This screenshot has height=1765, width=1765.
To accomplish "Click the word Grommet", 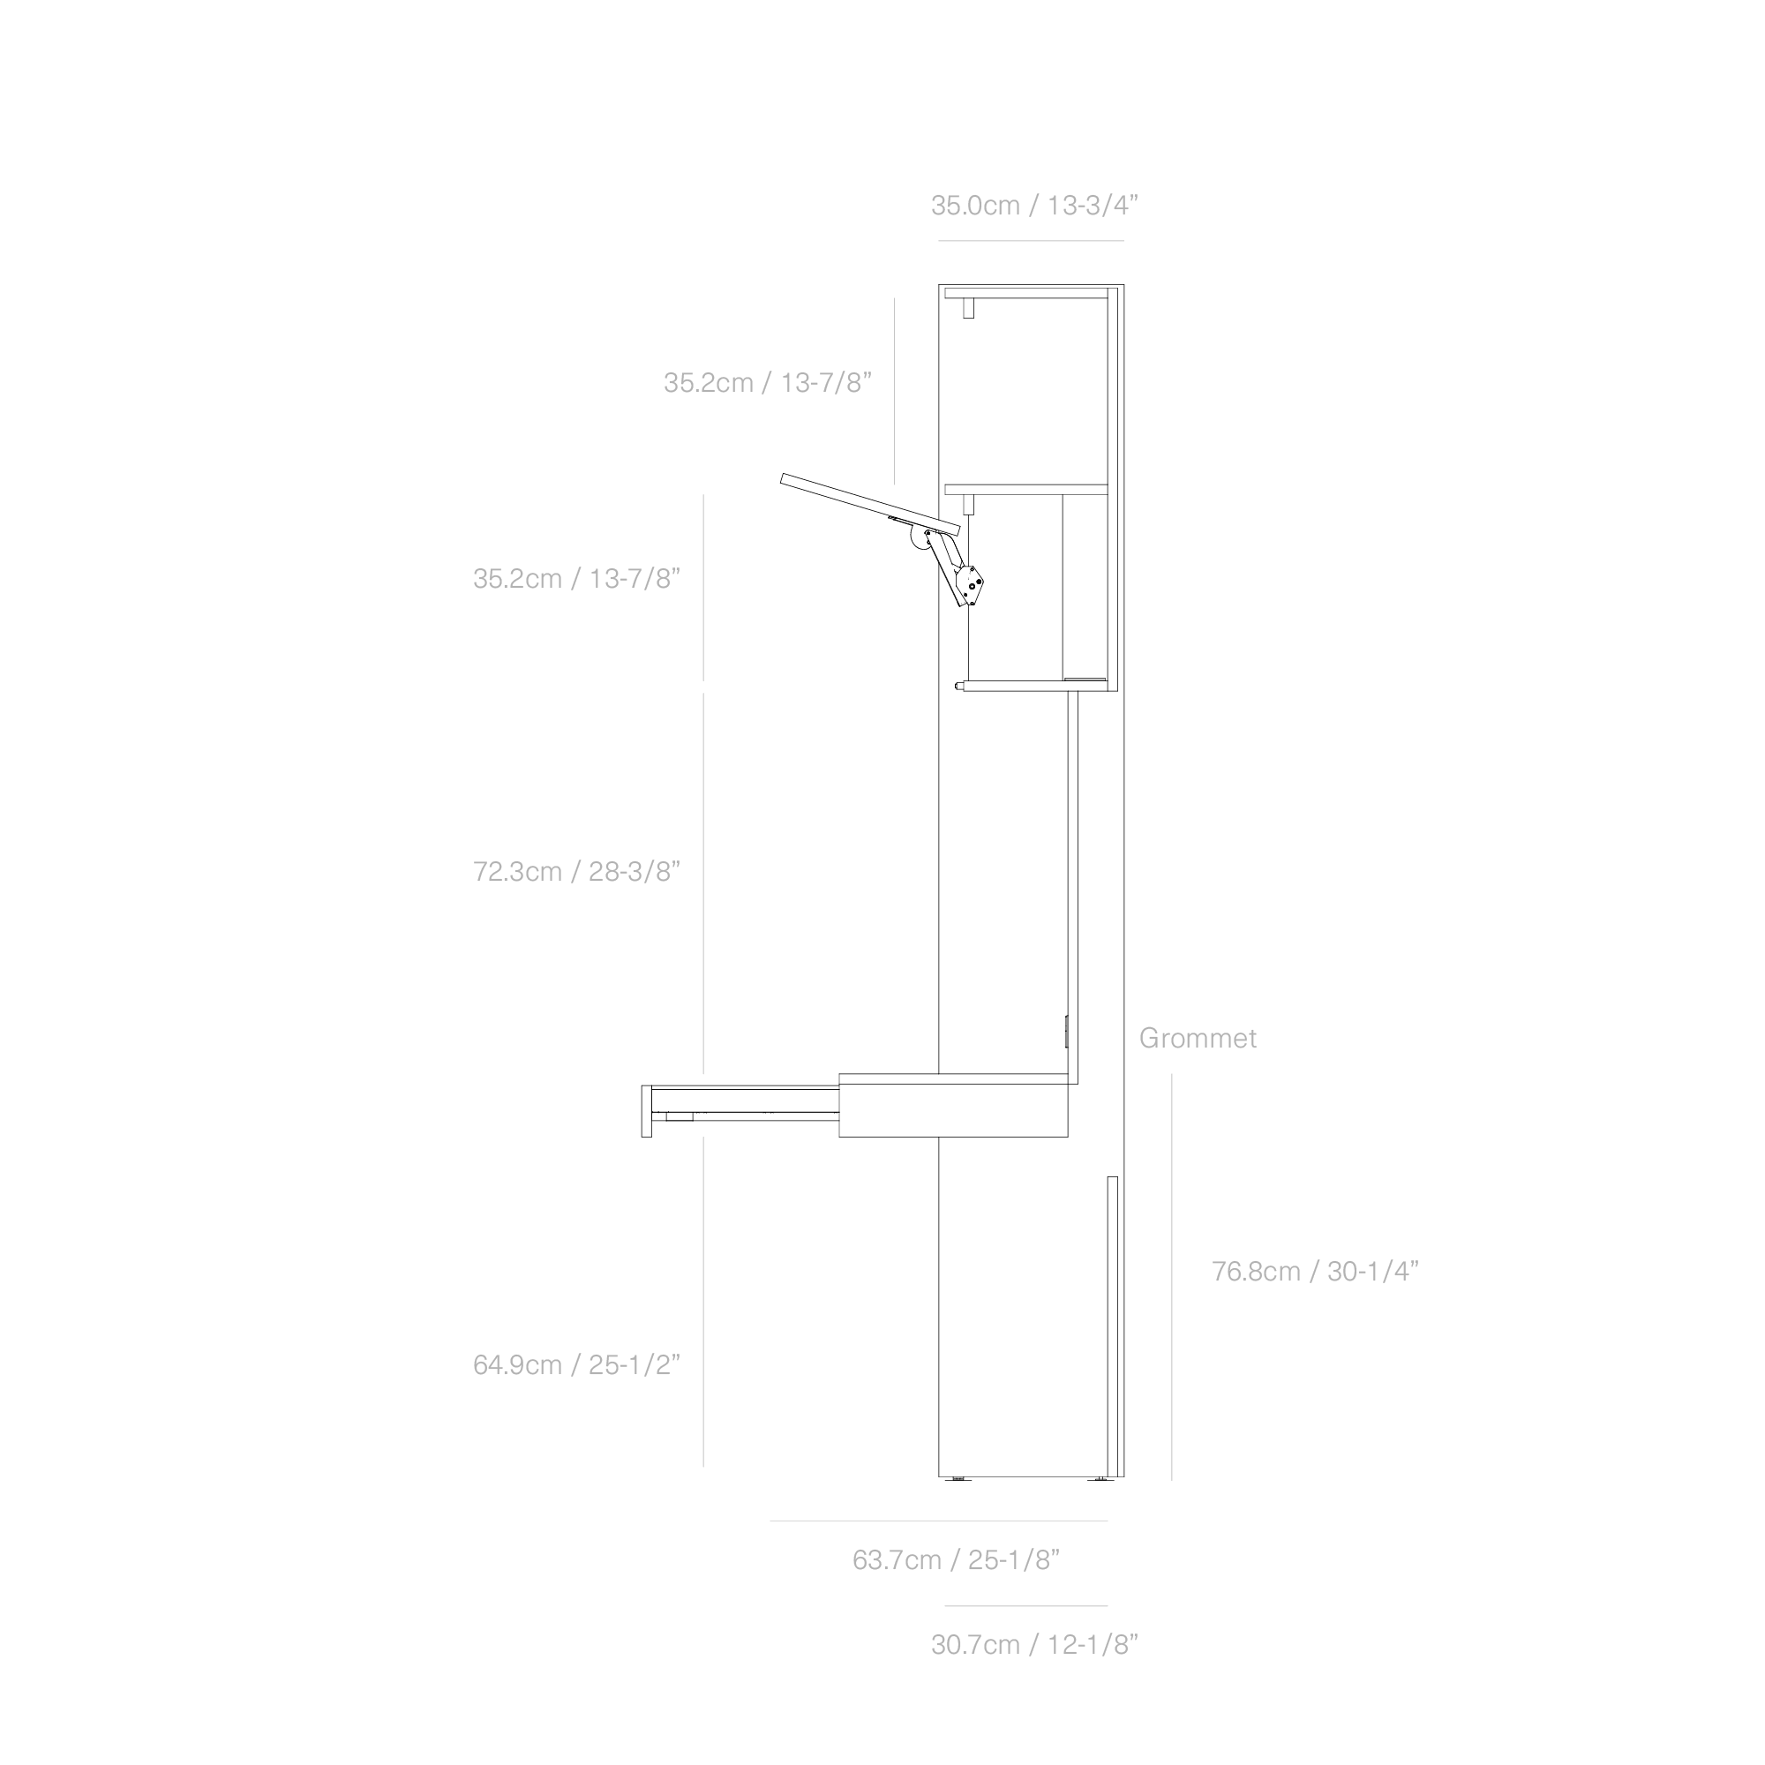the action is pyautogui.click(x=1197, y=1039).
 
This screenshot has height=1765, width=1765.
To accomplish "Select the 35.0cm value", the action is pyautogui.click(x=975, y=206).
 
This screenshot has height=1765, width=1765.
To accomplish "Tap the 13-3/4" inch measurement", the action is pyautogui.click(x=1092, y=206).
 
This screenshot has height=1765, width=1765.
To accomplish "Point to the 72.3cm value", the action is pyautogui.click(x=517, y=872).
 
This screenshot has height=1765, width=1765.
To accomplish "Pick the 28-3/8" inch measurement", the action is pyautogui.click(x=634, y=872).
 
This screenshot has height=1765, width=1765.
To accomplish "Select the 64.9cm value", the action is pyautogui.click(x=517, y=1365).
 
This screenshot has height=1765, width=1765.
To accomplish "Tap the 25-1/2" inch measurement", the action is pyautogui.click(x=634, y=1365).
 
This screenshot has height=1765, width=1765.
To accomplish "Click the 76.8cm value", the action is pyautogui.click(x=1256, y=1272).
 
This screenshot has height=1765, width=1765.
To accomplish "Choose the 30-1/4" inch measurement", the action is pyautogui.click(x=1372, y=1272).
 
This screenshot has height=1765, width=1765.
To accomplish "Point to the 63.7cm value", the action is pyautogui.click(x=897, y=1559).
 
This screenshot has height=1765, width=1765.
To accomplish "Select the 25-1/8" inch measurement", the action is pyautogui.click(x=1013, y=1559).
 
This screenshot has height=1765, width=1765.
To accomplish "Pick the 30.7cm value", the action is pyautogui.click(x=975, y=1645).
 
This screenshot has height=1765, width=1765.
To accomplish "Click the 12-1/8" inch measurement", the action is pyautogui.click(x=1092, y=1645).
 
